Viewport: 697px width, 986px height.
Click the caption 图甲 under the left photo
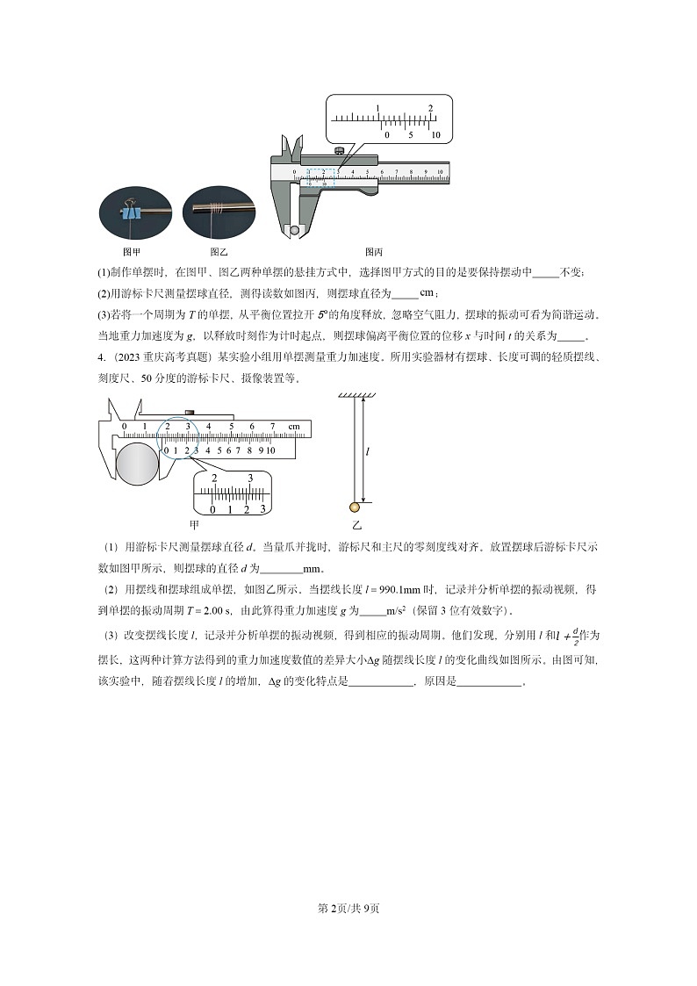(x=131, y=252)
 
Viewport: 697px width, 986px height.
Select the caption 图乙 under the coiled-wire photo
(x=219, y=252)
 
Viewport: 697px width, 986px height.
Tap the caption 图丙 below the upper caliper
(x=374, y=252)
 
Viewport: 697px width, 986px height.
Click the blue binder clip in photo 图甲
(x=131, y=213)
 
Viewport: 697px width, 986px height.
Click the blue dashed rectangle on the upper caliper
(x=320, y=177)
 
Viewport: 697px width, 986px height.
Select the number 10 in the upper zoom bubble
(x=435, y=135)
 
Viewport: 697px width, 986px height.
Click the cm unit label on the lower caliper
(x=293, y=428)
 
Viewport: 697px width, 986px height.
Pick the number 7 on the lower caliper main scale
(x=272, y=428)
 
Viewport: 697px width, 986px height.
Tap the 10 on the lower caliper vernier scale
(x=270, y=450)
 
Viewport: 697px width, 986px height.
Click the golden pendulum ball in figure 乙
(x=355, y=507)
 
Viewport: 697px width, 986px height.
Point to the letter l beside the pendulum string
(x=367, y=451)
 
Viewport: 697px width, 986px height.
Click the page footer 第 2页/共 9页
(x=348, y=908)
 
